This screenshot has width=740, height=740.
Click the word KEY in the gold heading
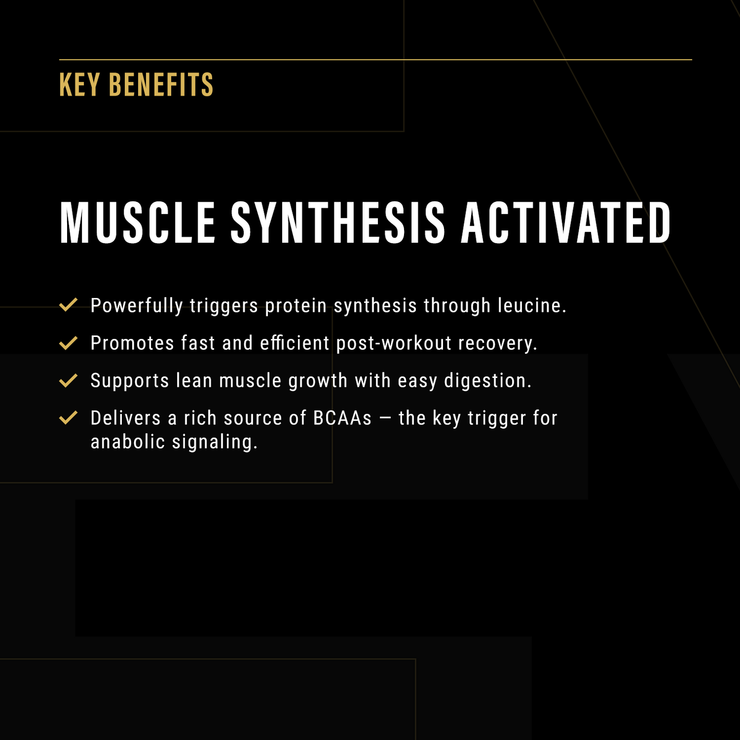(79, 85)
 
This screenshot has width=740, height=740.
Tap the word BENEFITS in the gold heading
(161, 85)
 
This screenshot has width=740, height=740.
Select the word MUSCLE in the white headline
(138, 223)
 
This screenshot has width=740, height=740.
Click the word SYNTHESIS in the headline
(338, 223)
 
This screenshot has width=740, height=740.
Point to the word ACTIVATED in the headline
(566, 223)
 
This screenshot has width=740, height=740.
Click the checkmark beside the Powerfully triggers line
(68, 305)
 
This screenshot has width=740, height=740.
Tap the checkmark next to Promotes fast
(68, 343)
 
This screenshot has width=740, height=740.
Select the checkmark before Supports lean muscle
(68, 380)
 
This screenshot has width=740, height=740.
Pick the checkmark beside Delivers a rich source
(68, 418)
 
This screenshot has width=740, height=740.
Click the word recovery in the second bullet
(497, 343)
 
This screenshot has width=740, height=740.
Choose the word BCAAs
(342, 418)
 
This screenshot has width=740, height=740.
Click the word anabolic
(128, 442)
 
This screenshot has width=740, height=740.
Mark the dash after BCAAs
(385, 418)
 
